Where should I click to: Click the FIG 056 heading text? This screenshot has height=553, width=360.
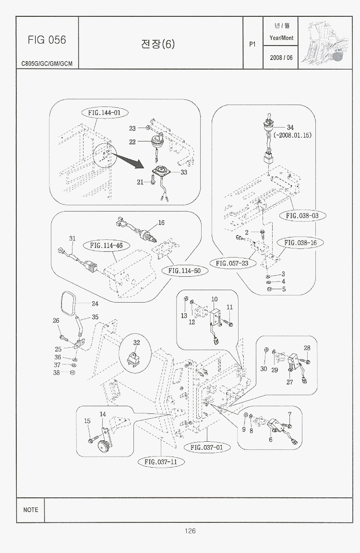click(x=47, y=40)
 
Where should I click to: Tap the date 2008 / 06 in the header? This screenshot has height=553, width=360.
click(x=281, y=58)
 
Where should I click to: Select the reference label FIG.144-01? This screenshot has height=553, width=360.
click(x=104, y=113)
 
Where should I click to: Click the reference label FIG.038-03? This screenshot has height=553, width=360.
click(x=302, y=215)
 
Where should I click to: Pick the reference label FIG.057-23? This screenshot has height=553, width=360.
click(x=232, y=263)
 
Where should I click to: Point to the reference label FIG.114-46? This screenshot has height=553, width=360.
click(x=106, y=246)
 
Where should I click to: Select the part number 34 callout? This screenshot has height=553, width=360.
click(x=290, y=127)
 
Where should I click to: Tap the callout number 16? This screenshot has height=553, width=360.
click(x=161, y=223)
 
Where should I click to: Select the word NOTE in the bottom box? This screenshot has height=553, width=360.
click(x=30, y=510)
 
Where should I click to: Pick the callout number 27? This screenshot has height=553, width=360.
click(x=289, y=382)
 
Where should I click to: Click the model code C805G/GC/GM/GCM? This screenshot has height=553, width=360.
click(x=47, y=64)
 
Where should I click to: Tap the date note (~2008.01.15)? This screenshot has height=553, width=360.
click(x=292, y=135)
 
